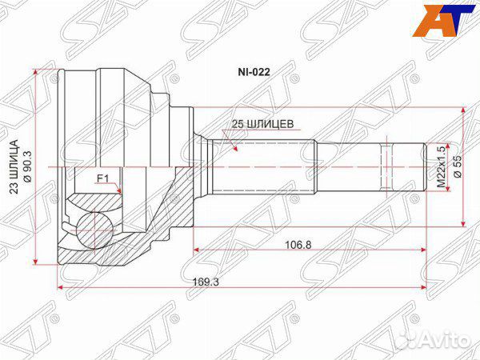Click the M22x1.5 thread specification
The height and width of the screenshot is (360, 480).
[x=438, y=166]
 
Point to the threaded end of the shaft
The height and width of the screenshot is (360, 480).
[x=405, y=166]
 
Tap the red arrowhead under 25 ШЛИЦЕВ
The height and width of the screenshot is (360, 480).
[x=234, y=147]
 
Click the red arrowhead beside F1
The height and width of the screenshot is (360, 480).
[x=118, y=190]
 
